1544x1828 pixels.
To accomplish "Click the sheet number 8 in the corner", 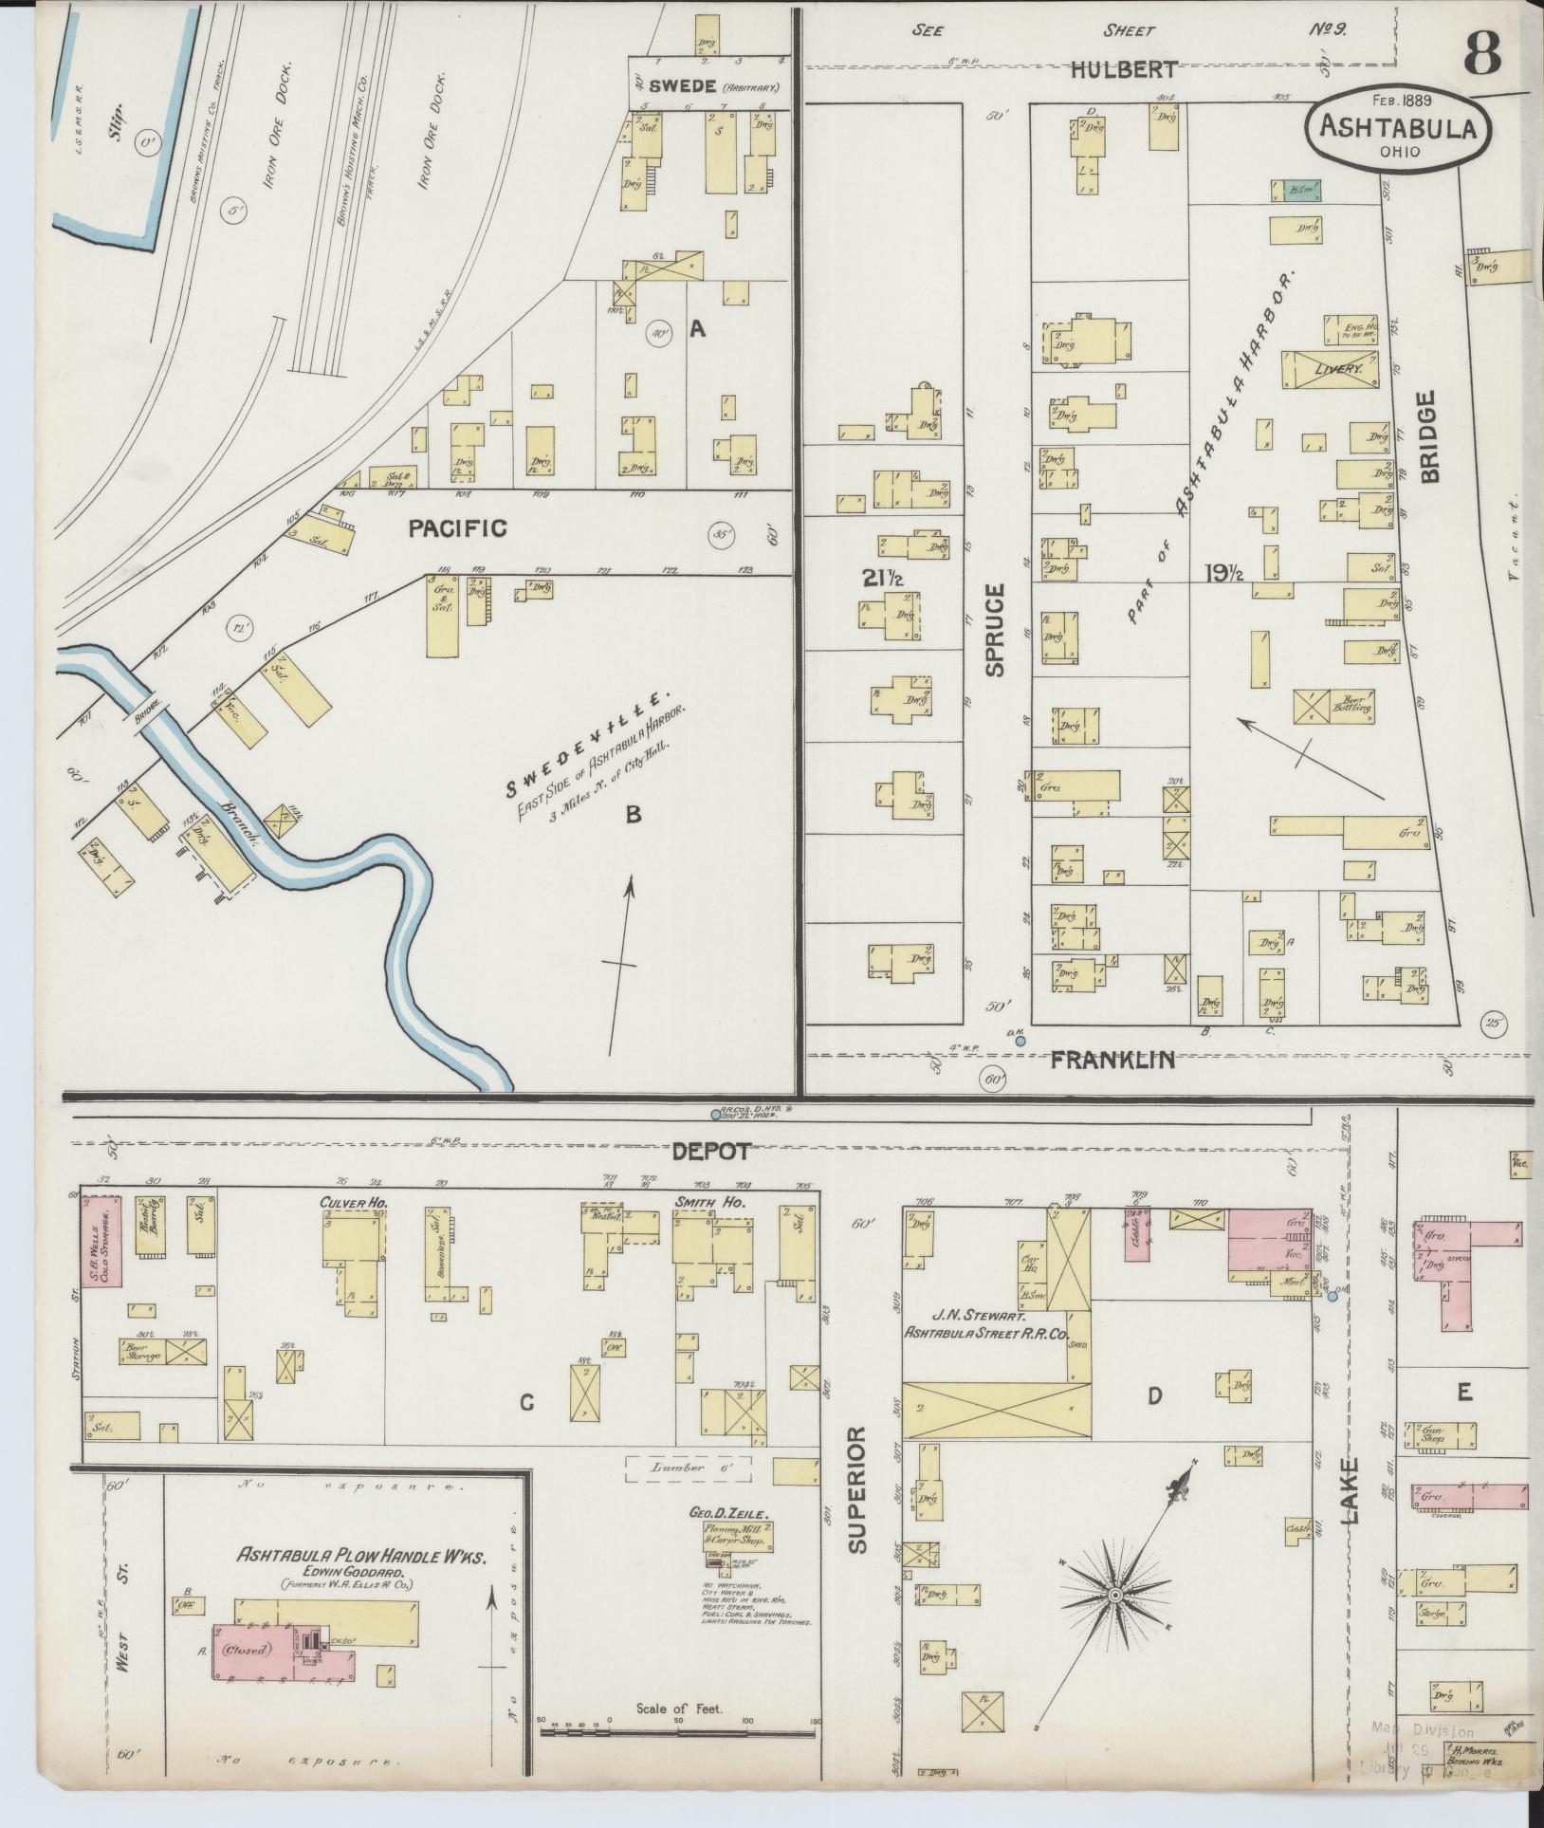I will click(1481, 52).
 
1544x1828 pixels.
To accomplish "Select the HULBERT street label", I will click(1125, 69).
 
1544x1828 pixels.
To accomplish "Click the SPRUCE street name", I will click(993, 630).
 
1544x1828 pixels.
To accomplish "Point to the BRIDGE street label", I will click(1429, 436).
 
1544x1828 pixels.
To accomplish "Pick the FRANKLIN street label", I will click(1113, 1060).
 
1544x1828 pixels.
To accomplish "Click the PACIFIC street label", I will click(457, 528).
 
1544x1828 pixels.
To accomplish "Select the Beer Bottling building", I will click(1333, 707).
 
